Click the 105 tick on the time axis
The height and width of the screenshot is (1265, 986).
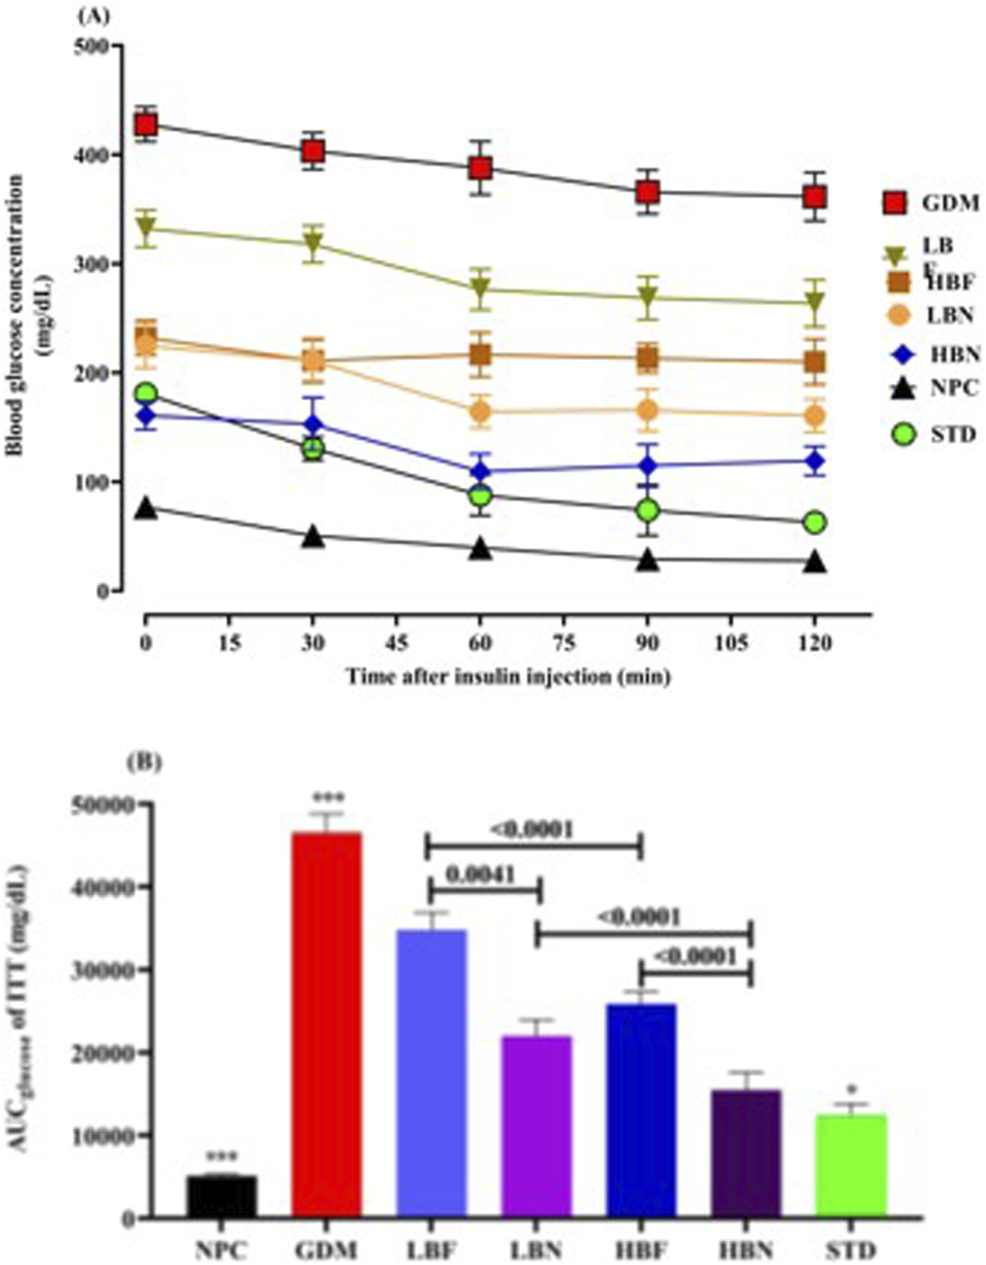click(731, 644)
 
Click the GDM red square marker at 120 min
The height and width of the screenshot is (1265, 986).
click(814, 198)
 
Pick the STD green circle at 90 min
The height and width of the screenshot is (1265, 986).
click(647, 511)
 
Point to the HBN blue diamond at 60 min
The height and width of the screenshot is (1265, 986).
click(480, 471)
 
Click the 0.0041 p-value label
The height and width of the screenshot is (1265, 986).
click(480, 875)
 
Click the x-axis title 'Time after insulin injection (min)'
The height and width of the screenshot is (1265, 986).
click(507, 677)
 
